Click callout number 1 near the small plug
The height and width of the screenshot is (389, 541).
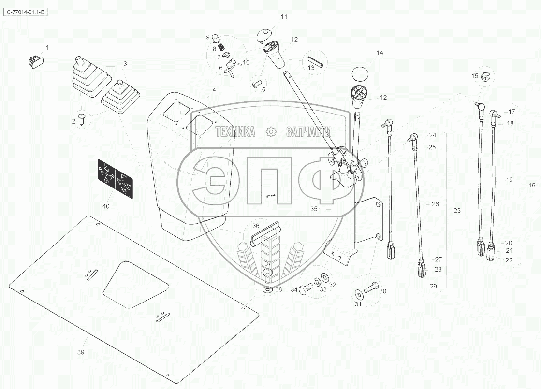[x=47, y=47]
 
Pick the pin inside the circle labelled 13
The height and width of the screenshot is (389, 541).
[x=315, y=61]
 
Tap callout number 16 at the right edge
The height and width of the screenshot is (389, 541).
[x=532, y=186]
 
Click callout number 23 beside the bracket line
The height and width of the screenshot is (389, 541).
[x=457, y=211]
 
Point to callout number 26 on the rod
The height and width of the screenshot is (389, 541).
[x=435, y=204]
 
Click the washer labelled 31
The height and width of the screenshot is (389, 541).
[x=358, y=294]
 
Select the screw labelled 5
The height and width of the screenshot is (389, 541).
[x=257, y=84]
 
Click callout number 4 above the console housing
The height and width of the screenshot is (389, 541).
[x=214, y=90]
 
